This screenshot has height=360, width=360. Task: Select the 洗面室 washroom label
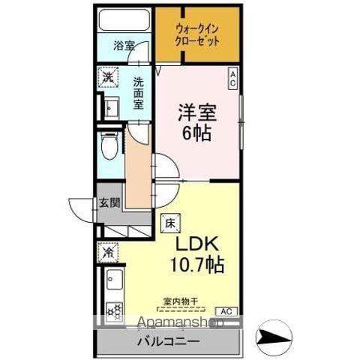tap(139, 94)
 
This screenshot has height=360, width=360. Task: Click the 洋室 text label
tap(197, 113)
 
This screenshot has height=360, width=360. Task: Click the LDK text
tap(196, 244)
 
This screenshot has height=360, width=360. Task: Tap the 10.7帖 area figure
tap(196, 265)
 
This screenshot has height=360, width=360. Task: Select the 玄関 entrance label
tap(109, 202)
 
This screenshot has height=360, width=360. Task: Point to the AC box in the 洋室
tap(232, 77)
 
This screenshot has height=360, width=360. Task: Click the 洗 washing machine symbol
tap(109, 77)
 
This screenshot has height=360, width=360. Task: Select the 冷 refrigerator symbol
tap(109, 253)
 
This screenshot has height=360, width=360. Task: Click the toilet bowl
tap(109, 147)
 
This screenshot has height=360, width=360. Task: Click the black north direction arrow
tap(273, 331)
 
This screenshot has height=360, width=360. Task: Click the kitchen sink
tap(113, 284)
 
